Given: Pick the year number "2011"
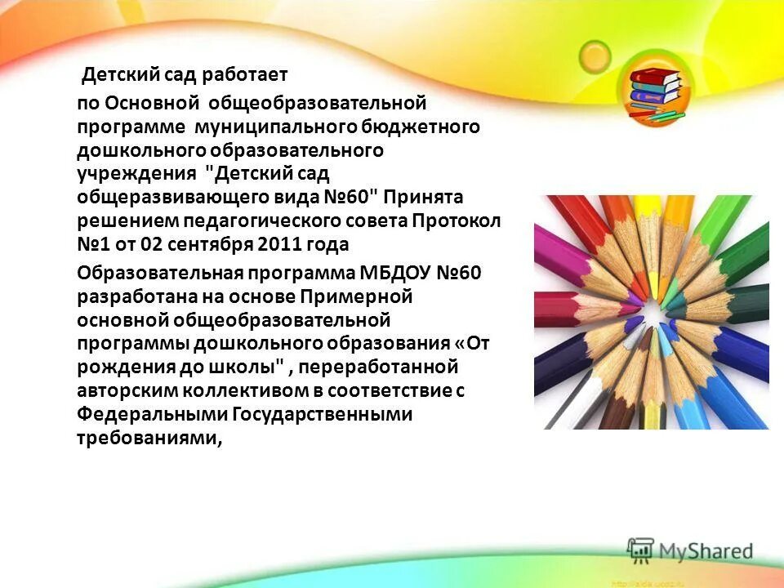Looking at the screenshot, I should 279,245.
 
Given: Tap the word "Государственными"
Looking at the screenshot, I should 323,414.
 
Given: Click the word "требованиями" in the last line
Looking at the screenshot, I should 147,438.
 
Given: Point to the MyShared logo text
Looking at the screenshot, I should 706,551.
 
